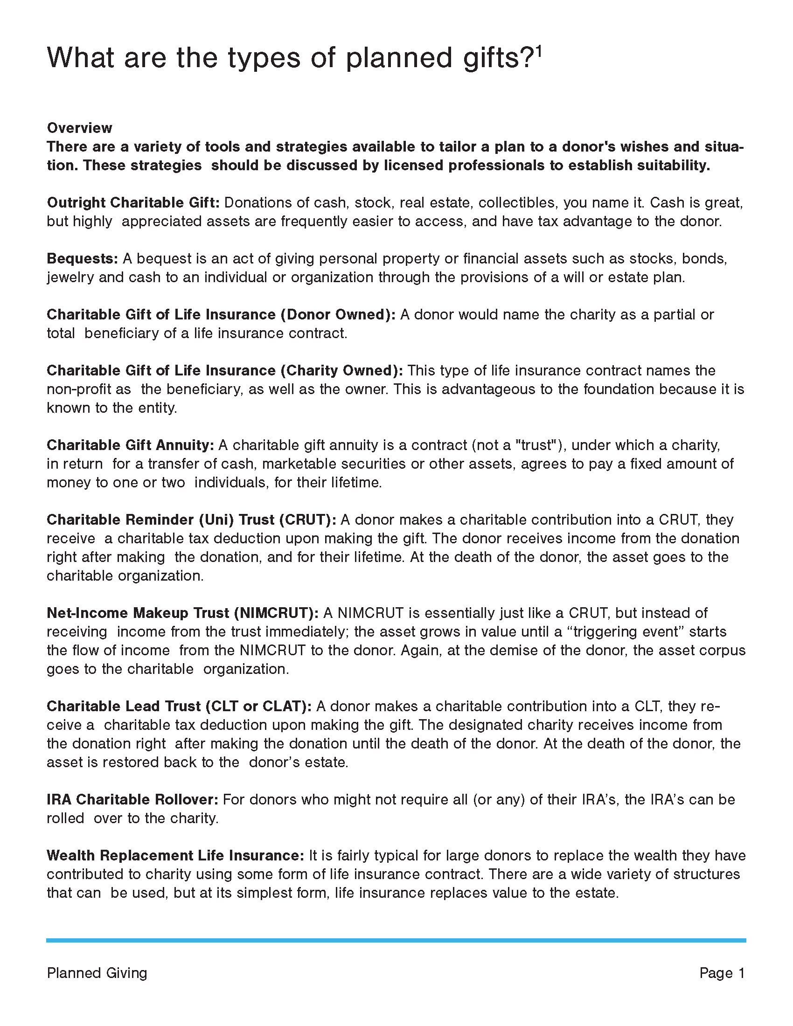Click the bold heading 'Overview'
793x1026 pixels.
[x=79, y=128]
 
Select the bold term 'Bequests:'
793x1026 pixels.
[x=82, y=258]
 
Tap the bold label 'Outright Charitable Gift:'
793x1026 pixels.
[x=133, y=202]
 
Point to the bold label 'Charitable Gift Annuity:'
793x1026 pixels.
[x=130, y=444]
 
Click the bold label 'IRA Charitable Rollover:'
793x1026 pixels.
[x=132, y=799]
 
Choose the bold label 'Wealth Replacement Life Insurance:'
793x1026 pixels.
[x=175, y=855]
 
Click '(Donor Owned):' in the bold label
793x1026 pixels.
[x=338, y=314]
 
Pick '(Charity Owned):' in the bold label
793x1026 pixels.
[x=341, y=370]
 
